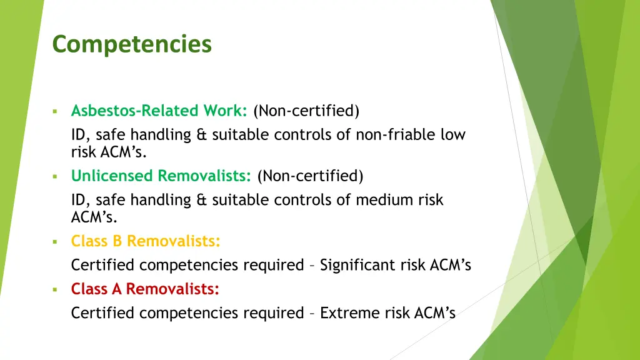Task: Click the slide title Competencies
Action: coord(132,45)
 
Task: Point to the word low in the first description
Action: coord(453,134)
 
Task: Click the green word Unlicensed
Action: coord(112,176)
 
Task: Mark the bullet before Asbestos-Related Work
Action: coord(55,112)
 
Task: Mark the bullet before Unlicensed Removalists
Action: coord(55,177)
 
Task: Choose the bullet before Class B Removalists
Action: coord(55,242)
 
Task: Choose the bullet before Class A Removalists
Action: coord(55,290)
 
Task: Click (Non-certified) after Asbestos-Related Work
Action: coord(306,111)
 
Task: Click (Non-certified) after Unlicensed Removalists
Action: coord(310,176)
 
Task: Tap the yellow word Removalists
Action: coord(174,241)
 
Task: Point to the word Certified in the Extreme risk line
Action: coord(102,313)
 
